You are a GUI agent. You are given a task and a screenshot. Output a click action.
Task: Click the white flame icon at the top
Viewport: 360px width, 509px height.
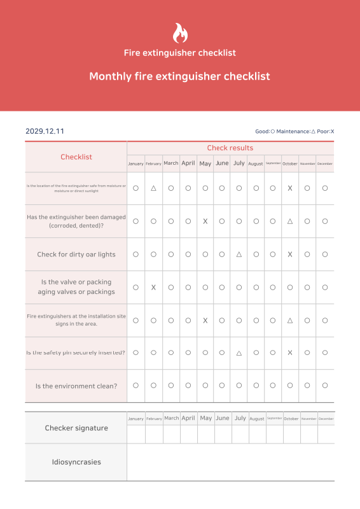pyautogui.click(x=180, y=33)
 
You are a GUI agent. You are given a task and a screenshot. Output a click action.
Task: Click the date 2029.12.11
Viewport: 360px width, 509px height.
pyautogui.click(x=45, y=131)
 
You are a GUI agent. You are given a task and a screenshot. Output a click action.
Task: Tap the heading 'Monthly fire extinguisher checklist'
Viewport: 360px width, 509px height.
pyautogui.click(x=179, y=76)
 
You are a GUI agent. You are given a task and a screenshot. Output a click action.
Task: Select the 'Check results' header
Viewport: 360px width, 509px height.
pyautogui.click(x=230, y=148)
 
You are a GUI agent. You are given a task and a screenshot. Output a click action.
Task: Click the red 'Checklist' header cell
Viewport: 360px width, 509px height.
pyautogui.click(x=76, y=157)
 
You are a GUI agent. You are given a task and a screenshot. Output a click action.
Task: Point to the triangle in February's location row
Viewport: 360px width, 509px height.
pyautogui.click(x=153, y=188)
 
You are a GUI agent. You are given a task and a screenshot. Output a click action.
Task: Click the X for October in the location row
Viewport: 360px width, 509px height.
pyautogui.click(x=290, y=188)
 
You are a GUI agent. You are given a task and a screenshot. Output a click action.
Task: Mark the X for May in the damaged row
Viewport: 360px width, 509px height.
pyautogui.click(x=205, y=221)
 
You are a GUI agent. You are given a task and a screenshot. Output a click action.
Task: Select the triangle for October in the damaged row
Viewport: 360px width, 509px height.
pyautogui.click(x=290, y=221)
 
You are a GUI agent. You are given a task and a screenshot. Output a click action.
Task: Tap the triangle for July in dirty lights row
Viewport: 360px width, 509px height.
pyautogui.click(x=239, y=254)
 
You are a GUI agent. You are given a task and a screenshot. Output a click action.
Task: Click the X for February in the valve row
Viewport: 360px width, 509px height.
pyautogui.click(x=153, y=288)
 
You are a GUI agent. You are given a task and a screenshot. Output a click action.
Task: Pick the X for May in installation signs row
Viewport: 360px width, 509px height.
pyautogui.click(x=205, y=321)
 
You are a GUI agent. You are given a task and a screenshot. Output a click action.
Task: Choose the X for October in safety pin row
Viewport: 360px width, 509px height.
pyautogui.click(x=290, y=352)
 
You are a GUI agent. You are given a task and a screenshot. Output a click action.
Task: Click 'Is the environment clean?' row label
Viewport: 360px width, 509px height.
pyautogui.click(x=76, y=386)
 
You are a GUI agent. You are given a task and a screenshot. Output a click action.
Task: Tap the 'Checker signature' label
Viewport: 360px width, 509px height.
pyautogui.click(x=76, y=428)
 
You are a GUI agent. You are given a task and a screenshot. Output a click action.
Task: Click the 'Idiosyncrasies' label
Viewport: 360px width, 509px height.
pyautogui.click(x=76, y=462)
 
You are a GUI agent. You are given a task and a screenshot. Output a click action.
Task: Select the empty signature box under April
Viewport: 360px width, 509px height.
pyautogui.click(x=188, y=434)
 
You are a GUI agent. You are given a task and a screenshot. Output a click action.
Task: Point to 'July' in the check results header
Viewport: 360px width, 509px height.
pyautogui.click(x=239, y=164)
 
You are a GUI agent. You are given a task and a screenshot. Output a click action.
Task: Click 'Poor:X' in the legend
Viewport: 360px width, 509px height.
pyautogui.click(x=325, y=132)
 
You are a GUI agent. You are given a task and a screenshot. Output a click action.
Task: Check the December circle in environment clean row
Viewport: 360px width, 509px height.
pyautogui.click(x=325, y=386)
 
